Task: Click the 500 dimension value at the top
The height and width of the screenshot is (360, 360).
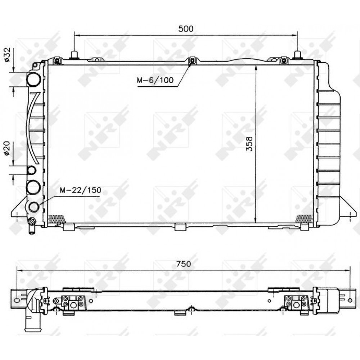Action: point(186,29)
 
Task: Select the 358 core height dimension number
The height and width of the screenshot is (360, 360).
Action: point(249,144)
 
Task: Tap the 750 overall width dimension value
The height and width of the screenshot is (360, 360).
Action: point(184,264)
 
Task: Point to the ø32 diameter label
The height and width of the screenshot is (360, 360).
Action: point(7,55)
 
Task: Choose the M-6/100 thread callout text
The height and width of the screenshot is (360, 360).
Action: point(155,80)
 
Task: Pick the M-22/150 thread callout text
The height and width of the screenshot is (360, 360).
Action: point(81,190)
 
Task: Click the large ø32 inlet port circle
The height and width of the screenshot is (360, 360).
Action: point(34,79)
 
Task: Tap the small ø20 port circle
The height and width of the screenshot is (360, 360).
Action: point(31,170)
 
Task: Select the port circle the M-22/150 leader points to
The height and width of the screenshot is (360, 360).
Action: point(34,207)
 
